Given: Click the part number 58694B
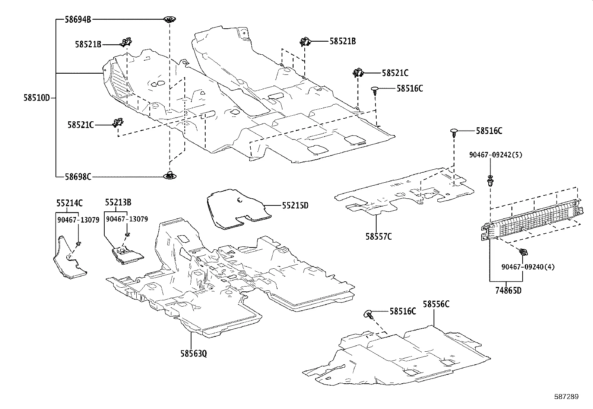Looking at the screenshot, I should [x=78, y=19].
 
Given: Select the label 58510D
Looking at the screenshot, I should [x=37, y=98].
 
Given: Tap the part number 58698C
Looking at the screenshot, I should [x=78, y=177].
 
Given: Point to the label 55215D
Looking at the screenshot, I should [x=295, y=205].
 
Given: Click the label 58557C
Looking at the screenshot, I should [x=378, y=236].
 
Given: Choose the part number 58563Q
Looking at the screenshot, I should [x=193, y=353].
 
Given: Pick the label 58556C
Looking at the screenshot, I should [x=436, y=304].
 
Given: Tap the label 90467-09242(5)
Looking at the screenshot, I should [x=495, y=155].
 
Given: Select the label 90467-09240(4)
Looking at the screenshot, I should [x=528, y=267].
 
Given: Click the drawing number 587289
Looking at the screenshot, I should [x=566, y=397].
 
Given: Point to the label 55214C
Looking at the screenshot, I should [x=70, y=203].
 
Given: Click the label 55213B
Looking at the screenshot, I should [x=118, y=202].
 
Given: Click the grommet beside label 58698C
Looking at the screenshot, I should [x=170, y=175].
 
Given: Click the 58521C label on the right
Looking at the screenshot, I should [x=395, y=73].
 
